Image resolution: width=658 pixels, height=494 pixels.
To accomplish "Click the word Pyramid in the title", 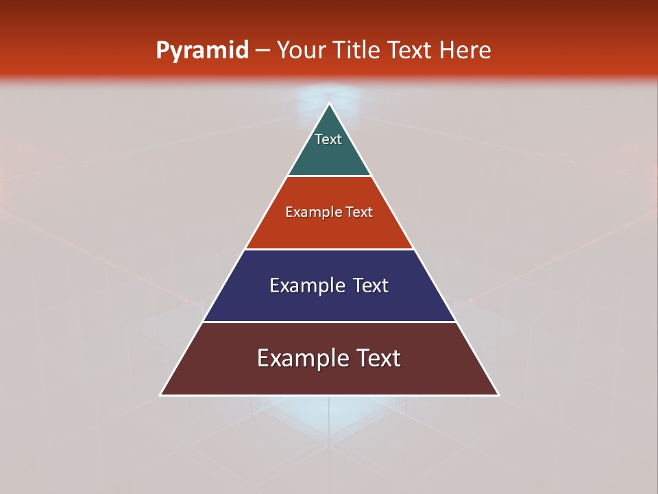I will (202, 50).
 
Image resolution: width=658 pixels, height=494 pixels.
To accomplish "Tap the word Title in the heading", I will (357, 50).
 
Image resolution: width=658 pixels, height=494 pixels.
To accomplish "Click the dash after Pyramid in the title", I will (263, 51).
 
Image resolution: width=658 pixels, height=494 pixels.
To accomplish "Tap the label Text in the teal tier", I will (328, 139).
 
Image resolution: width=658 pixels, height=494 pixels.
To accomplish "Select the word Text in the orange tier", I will (359, 212).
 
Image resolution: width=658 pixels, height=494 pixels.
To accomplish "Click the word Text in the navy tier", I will (371, 285).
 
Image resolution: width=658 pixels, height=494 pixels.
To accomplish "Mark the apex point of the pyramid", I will (329, 104).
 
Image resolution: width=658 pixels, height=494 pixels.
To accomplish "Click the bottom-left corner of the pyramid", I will (161, 395).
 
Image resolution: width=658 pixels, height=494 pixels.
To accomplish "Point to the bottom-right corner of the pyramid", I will (498, 395).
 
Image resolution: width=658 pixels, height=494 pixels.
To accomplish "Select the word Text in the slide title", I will (411, 50).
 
